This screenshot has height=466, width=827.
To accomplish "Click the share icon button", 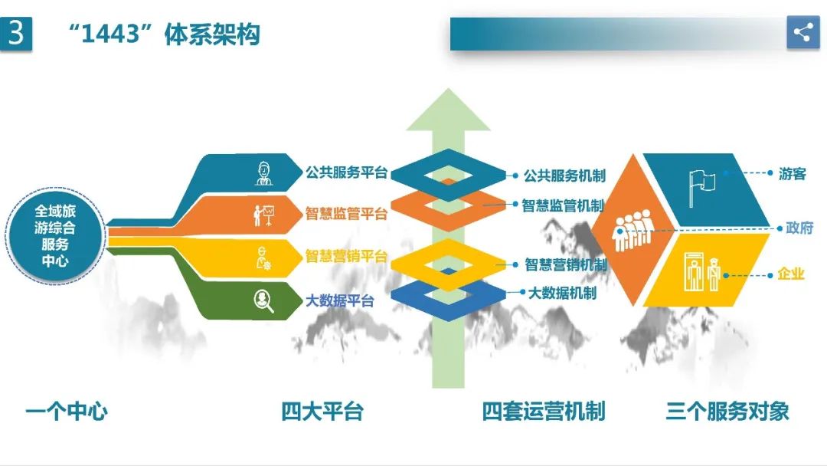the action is (x=802, y=32).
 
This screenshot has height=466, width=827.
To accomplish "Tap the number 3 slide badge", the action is (x=16, y=34).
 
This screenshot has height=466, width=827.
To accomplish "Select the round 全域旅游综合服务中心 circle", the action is (x=54, y=234).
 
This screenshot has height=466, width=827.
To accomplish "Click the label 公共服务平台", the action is (x=346, y=172).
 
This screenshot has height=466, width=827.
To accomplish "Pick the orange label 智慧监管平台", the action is (x=346, y=214).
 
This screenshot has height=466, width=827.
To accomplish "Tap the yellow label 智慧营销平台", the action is (x=346, y=256).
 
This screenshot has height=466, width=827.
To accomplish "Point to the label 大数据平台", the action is (x=339, y=300).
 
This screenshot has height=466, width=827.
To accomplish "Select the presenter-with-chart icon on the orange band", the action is (x=264, y=215).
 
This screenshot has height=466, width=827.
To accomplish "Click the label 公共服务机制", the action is (x=564, y=176).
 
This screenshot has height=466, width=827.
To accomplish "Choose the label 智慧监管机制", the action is (x=563, y=205).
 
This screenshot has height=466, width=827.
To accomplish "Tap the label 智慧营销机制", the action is (x=565, y=265).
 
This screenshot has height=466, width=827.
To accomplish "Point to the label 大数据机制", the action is (x=562, y=293).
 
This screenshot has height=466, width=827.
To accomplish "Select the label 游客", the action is (x=793, y=174).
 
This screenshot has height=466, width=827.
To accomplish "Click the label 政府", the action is (x=799, y=228).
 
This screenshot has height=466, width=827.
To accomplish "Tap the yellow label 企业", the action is (x=791, y=274).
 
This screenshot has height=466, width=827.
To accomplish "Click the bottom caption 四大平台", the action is (x=322, y=412).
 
